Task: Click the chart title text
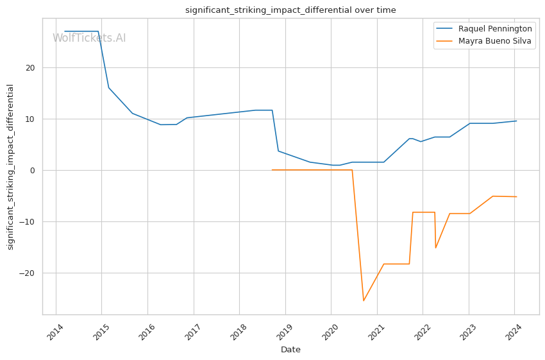[290, 10]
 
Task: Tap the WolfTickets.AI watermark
[89, 39]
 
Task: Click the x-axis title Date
[290, 350]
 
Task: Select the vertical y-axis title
[10, 167]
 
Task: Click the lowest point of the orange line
[364, 301]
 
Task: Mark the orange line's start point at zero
[272, 170]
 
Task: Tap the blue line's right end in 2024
[517, 121]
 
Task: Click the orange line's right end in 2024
[517, 196]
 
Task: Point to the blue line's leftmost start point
[64, 31]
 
